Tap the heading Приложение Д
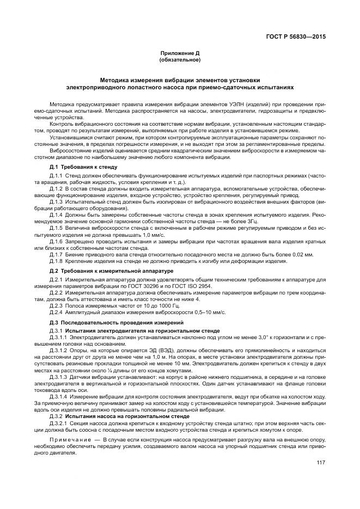(x=180, y=53)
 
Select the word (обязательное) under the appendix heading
(x=180, y=59)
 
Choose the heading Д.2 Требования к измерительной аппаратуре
(x=111, y=271)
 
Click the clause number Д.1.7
(x=57, y=255)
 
